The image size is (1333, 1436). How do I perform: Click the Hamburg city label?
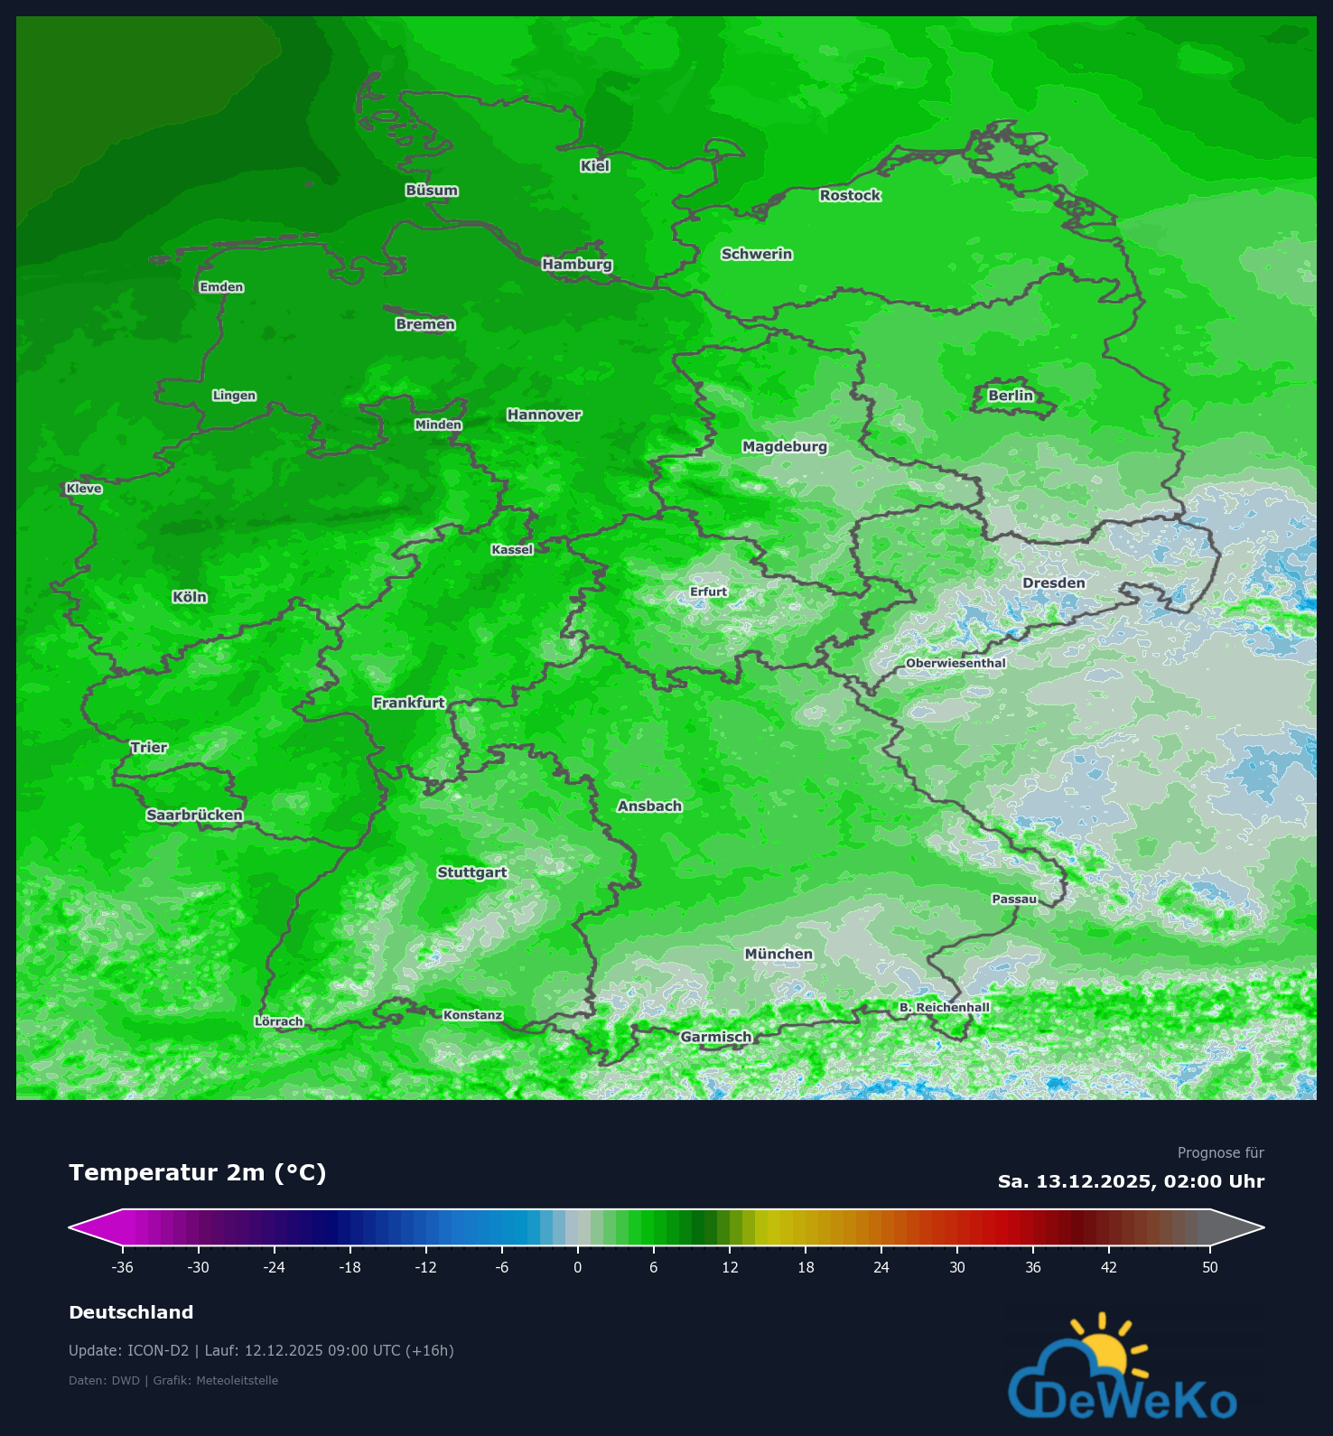point(577,265)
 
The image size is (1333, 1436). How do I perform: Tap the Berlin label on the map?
point(1011,396)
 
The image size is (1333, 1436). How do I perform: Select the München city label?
point(778,954)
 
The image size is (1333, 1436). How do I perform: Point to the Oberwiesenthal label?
point(955,663)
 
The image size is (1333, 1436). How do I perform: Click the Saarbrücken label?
point(195,816)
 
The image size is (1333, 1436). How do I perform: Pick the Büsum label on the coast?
point(432,191)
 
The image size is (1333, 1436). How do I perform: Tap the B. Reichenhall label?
point(945,1007)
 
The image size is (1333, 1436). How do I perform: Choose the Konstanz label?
point(472,1015)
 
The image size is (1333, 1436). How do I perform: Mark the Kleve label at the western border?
point(84,489)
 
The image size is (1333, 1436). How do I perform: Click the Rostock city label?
point(850,195)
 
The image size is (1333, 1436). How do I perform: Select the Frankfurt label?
point(409,703)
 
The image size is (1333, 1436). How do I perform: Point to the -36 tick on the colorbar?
point(123,1267)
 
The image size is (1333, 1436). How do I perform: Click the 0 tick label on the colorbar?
point(578,1267)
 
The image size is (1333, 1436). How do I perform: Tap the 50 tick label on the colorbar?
point(1210,1267)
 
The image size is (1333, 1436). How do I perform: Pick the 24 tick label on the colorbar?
point(881,1267)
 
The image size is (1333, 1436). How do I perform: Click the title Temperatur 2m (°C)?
point(198,1172)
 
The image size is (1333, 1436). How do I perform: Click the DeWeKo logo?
point(1123,1373)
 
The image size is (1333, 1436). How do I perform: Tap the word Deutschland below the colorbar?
point(131,1312)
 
